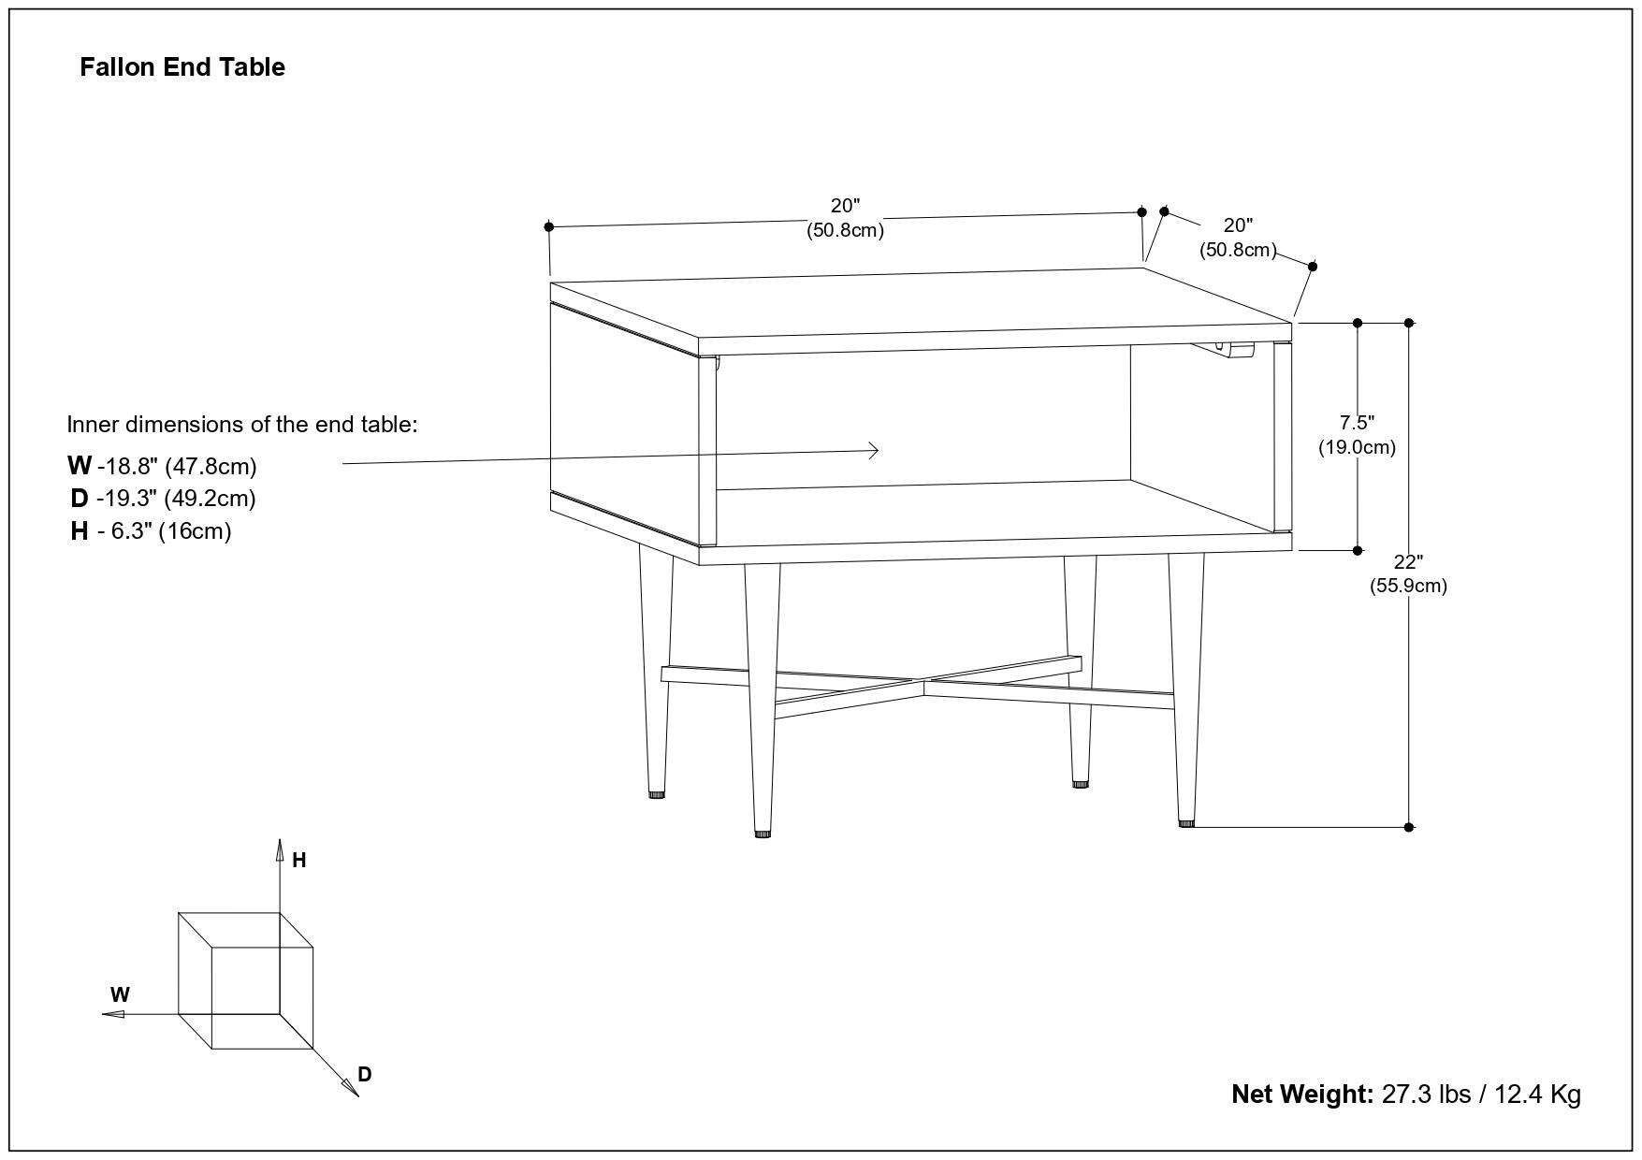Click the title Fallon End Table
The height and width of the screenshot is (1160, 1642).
click(x=182, y=67)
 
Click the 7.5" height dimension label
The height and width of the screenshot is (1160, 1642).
click(x=1357, y=423)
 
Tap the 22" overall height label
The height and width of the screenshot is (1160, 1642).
click(x=1408, y=562)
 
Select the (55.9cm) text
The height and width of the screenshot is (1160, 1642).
click(x=1408, y=587)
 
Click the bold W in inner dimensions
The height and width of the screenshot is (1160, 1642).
click(x=80, y=465)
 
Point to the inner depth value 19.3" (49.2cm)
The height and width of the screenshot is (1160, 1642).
click(x=175, y=499)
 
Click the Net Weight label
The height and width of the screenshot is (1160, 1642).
click(x=1301, y=1094)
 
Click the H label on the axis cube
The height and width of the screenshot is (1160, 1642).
click(x=299, y=861)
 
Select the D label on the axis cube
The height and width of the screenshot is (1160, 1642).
click(x=365, y=1075)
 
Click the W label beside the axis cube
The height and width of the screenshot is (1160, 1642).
click(x=120, y=995)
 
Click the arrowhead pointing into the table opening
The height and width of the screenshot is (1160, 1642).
click(x=874, y=451)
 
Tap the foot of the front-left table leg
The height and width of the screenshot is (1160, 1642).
click(x=763, y=832)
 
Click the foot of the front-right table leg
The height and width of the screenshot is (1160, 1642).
click(x=1186, y=822)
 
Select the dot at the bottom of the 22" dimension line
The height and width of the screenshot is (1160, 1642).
click(x=1409, y=827)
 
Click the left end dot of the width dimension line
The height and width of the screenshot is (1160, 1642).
click(x=549, y=226)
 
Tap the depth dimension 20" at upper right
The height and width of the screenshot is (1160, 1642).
click(x=1238, y=225)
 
